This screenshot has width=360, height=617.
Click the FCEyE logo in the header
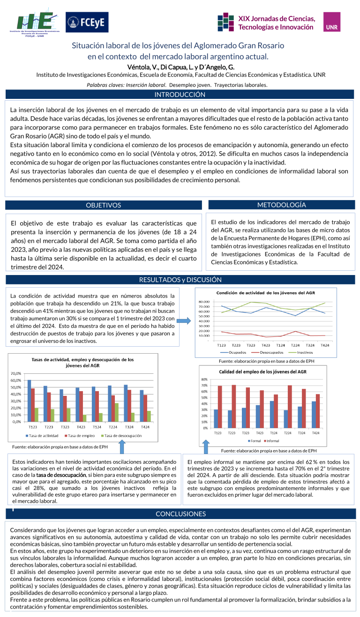coord(87,22)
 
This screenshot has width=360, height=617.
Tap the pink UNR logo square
coord(332,22)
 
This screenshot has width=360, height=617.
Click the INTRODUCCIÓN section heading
coord(180,95)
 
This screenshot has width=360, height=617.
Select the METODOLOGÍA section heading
coord(281,205)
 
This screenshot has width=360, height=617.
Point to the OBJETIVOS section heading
coord(104,205)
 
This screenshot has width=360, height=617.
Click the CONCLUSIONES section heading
coord(180,514)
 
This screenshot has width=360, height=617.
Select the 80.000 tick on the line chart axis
coord(204,302)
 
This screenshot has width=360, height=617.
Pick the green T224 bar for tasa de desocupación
coord(117,412)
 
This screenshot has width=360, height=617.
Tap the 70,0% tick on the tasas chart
coord(16,373)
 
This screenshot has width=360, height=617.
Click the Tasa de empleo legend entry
coord(80,436)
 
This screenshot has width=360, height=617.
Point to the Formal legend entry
coord(254,441)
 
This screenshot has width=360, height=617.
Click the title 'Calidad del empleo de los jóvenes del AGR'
coord(262,372)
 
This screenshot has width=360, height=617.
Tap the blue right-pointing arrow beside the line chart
coord(184,320)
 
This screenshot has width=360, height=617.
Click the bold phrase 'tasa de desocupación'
coord(61,475)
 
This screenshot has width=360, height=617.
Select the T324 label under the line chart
coord(310,345)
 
